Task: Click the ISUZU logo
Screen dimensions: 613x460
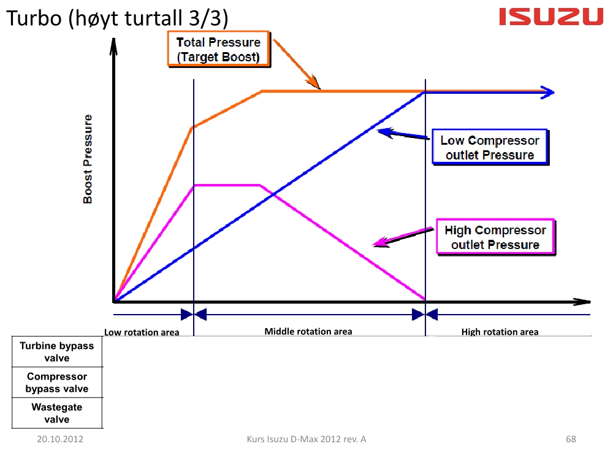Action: (x=551, y=17)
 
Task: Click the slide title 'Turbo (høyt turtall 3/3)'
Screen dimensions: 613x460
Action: (x=117, y=18)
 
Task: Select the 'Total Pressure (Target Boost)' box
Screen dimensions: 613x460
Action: (x=219, y=49)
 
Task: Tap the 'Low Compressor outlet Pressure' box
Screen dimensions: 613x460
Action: (x=490, y=147)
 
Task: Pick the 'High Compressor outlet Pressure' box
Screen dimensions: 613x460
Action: (x=495, y=237)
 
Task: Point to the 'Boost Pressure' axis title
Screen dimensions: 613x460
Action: (x=88, y=159)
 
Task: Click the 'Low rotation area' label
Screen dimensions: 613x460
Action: (x=142, y=332)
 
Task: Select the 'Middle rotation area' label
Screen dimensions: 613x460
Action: (x=308, y=331)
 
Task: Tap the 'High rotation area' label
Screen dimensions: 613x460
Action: (x=500, y=332)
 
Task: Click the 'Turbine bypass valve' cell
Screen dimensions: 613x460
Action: (x=57, y=351)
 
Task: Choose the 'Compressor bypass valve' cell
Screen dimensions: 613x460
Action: (x=57, y=383)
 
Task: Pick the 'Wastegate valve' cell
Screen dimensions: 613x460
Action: (x=57, y=413)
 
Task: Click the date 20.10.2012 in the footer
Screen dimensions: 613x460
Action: (x=60, y=439)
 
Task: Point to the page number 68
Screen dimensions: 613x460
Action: (x=571, y=439)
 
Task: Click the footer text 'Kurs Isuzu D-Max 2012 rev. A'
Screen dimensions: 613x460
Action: (x=306, y=439)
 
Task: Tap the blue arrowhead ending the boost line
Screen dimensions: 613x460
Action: (x=547, y=93)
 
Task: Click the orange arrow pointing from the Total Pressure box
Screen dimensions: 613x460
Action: (x=296, y=64)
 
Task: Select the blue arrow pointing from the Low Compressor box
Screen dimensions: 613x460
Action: (x=403, y=134)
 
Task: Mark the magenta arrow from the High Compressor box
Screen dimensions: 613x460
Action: (x=403, y=237)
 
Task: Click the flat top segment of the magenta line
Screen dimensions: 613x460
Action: (x=227, y=185)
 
